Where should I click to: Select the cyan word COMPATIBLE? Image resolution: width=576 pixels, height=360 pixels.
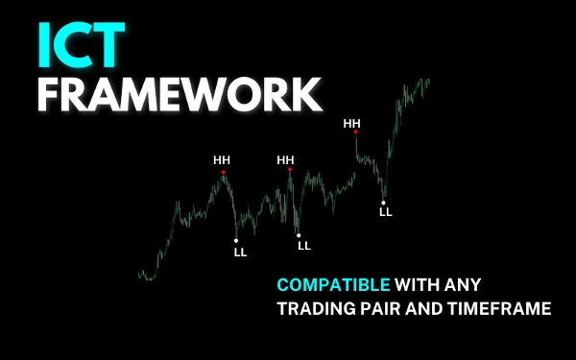[x=333, y=284]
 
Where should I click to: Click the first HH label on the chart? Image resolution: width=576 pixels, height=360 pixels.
[x=222, y=159]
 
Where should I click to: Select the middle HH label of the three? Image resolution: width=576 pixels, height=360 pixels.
[x=285, y=159]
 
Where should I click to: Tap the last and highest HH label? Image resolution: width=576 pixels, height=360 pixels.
[x=352, y=123]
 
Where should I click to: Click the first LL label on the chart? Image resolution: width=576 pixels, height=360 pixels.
[x=240, y=252]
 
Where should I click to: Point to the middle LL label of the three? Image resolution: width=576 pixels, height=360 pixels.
[x=304, y=246]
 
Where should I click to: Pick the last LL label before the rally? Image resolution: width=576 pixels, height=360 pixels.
[x=386, y=212]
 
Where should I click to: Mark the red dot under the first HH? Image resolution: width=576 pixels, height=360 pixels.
[x=223, y=173]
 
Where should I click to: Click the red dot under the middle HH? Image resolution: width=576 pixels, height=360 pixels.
[x=286, y=172]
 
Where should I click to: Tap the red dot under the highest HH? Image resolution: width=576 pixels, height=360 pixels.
[x=355, y=133]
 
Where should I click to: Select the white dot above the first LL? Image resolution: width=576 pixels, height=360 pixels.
[x=236, y=240]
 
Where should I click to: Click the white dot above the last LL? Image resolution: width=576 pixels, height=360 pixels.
[x=384, y=202]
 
